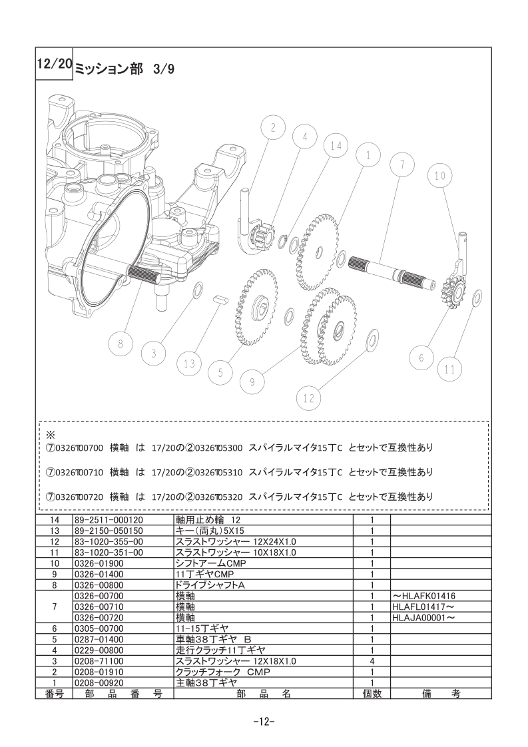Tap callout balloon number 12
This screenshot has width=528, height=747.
[x=309, y=397]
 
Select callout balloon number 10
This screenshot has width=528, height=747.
[x=439, y=176]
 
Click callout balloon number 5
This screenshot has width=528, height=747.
[x=220, y=373]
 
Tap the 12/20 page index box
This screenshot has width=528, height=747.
[x=54, y=63]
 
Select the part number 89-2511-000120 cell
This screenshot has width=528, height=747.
[x=109, y=520]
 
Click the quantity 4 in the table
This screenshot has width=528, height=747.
[x=372, y=661]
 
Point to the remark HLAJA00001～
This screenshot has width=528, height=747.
[x=423, y=617]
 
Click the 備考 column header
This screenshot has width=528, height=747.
[x=441, y=694]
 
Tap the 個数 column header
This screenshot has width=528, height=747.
[x=372, y=694]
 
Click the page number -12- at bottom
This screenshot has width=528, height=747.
[x=264, y=721]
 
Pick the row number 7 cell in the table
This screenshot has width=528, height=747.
[x=54, y=607]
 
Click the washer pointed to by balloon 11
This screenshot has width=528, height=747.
[x=475, y=299]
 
